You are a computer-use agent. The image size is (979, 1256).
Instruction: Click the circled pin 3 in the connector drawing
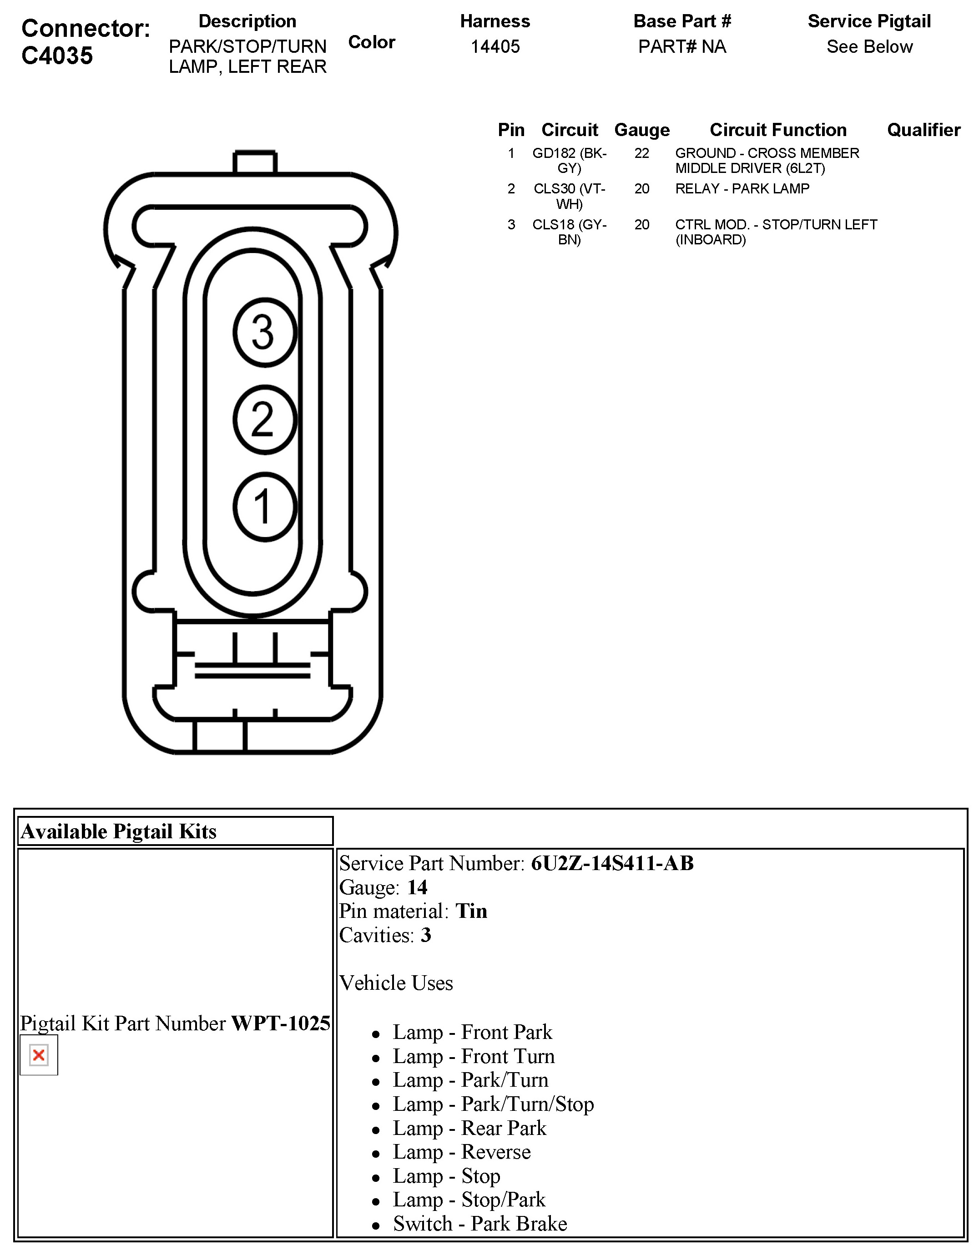point(264,332)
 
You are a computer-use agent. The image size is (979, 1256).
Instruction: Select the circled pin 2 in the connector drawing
point(264,420)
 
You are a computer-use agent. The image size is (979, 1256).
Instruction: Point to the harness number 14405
point(495,46)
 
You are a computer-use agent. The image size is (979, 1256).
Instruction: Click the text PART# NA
point(682,46)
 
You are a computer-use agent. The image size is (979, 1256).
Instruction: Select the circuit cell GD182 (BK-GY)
point(569,161)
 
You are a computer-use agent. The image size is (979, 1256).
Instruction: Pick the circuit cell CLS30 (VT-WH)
point(569,196)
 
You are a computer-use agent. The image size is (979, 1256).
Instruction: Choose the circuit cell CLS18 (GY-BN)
point(569,232)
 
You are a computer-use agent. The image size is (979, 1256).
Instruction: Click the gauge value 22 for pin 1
point(641,153)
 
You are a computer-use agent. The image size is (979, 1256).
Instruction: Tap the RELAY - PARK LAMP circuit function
point(742,189)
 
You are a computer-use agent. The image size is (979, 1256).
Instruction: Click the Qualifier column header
point(923,130)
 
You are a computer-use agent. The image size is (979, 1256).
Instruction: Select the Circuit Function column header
point(778,130)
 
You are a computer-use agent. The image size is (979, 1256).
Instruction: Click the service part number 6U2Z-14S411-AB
point(612,863)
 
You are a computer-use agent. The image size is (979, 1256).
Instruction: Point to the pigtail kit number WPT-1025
point(281,1023)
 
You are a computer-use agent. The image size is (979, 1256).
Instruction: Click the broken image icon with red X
point(39,1055)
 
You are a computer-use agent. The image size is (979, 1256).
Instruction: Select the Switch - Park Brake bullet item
point(480,1223)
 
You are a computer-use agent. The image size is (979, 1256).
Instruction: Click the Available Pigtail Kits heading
point(118,831)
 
